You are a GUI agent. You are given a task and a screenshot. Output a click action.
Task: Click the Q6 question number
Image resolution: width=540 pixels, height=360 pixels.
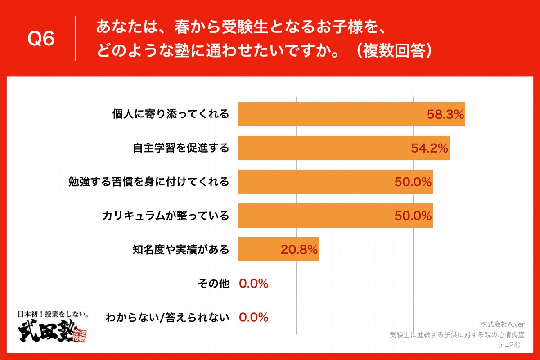[x=41, y=39]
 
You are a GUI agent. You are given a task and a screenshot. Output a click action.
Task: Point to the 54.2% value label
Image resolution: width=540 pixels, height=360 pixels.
[x=429, y=148]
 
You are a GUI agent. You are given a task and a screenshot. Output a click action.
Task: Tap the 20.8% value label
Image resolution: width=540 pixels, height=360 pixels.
[x=299, y=249]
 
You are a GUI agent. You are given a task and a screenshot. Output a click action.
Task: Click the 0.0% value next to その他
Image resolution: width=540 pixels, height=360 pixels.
[x=254, y=283]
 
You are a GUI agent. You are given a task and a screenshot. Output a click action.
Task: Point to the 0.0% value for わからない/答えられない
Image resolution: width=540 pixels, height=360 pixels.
[x=254, y=317]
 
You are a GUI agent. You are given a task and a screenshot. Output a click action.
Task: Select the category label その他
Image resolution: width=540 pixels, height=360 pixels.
[x=213, y=283]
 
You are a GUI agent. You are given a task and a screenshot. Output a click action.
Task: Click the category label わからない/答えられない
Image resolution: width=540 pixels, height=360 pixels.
[x=167, y=317]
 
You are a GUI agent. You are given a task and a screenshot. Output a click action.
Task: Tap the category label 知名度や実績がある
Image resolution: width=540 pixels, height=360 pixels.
[x=180, y=249]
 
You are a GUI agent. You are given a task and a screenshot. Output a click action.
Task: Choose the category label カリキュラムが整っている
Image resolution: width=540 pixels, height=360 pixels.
[x=166, y=216]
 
